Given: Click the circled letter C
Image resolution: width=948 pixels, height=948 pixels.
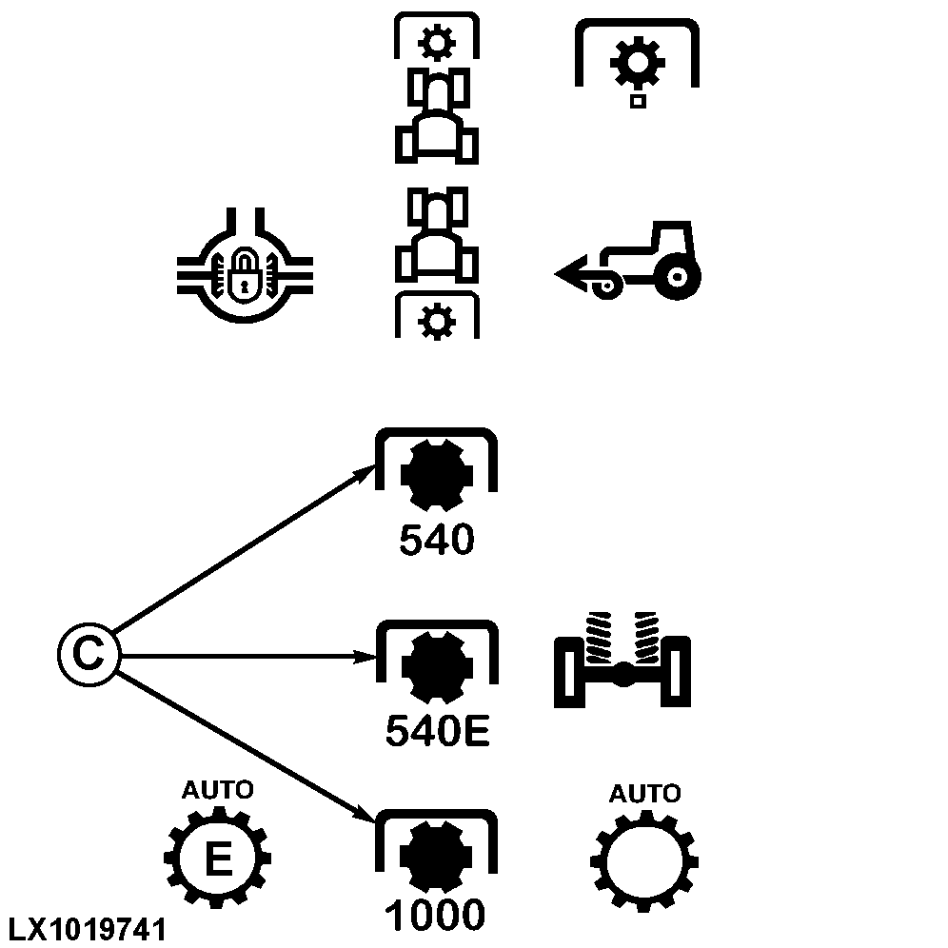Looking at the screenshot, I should (87, 655).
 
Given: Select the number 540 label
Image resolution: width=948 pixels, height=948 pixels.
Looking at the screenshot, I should (436, 541).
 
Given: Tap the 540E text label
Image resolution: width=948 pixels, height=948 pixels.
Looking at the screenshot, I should (438, 731).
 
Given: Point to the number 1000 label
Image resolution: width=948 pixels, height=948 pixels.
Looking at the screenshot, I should (436, 917).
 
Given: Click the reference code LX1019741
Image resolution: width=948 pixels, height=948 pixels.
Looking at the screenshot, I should (88, 930).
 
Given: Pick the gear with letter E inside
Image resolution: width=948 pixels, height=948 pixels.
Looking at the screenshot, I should (218, 860).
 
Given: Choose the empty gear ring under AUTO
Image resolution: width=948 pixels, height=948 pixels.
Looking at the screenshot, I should (644, 862).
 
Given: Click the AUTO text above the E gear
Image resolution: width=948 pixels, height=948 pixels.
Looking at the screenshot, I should (218, 790).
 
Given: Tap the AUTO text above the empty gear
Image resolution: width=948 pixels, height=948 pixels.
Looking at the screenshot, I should (644, 793).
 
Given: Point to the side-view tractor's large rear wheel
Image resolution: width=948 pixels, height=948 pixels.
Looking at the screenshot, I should (677, 277).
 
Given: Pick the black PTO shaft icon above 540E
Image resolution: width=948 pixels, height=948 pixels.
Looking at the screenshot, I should (437, 668).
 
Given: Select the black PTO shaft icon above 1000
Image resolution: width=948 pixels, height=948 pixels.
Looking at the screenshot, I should (437, 857).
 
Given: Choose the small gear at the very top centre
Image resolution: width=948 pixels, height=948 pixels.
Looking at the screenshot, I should (437, 42).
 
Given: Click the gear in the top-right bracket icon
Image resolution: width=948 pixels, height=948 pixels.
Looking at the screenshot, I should (637, 64).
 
